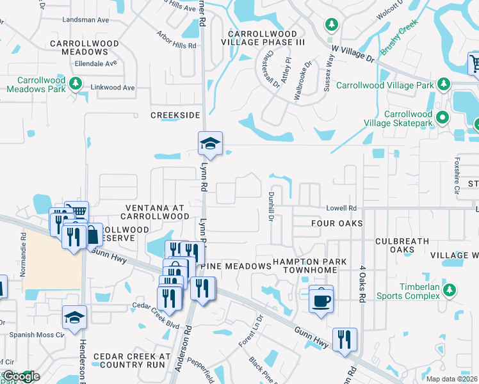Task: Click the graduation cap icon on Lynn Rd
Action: (209, 143)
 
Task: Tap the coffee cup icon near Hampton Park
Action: (321, 299)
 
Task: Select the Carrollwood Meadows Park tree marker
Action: (76, 84)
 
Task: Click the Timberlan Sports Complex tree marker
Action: (450, 290)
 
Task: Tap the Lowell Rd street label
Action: (341, 208)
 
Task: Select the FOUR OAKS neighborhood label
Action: (336, 223)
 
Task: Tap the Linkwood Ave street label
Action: (113, 87)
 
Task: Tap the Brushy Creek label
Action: (399, 37)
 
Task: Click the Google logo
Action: (21, 377)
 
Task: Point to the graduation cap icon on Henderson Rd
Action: (74, 317)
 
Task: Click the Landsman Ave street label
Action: (86, 20)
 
